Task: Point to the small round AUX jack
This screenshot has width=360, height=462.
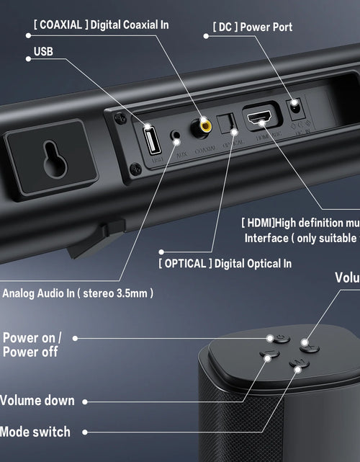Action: [174, 135]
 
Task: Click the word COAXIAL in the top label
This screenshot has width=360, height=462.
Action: [61, 25]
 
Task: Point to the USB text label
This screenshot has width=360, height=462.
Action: [43, 52]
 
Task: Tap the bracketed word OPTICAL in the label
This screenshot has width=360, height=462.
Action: [185, 264]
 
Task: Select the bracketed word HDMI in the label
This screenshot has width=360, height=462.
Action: [257, 223]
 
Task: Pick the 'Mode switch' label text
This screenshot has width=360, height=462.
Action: [35, 432]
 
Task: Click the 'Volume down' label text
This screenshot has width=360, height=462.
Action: [37, 401]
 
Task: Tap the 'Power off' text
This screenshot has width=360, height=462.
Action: [30, 352]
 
